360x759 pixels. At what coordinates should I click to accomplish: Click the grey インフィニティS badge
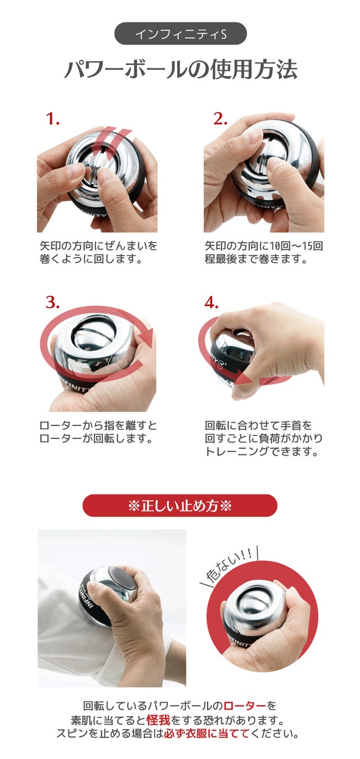[x=181, y=34]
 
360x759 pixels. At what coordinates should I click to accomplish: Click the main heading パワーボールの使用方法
[x=181, y=69]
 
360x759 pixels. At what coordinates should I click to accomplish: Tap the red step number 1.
[x=53, y=119]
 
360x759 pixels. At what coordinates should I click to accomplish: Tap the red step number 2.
[x=220, y=119]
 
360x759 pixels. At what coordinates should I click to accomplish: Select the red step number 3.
[x=53, y=302]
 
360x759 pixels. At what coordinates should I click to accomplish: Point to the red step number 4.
[x=211, y=302]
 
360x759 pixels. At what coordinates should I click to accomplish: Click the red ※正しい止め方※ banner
[x=180, y=506]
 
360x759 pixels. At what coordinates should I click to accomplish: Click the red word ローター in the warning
[x=245, y=706]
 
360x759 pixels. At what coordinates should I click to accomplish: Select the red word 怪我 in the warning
[x=159, y=720]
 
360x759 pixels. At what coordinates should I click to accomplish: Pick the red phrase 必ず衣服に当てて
[x=206, y=734]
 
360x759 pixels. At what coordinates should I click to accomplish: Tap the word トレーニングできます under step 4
[x=262, y=451]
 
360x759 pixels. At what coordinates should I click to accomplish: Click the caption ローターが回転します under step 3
[x=96, y=438]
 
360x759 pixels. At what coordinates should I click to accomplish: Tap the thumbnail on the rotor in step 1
[x=106, y=176]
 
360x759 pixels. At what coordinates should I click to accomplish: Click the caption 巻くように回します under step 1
[x=91, y=259]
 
